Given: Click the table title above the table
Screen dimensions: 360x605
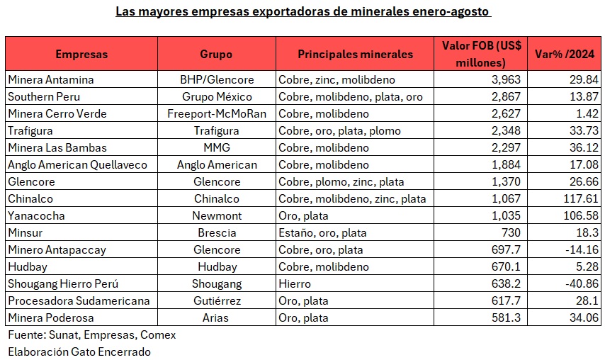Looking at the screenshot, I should [302, 12].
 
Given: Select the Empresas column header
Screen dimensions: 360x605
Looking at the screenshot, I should [81, 54].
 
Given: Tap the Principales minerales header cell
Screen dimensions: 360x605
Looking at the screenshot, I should [355, 54].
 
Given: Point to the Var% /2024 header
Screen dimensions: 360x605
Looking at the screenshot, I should [565, 54].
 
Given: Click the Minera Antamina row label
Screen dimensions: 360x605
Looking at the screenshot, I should [50, 79].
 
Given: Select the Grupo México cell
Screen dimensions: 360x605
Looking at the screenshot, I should [216, 96].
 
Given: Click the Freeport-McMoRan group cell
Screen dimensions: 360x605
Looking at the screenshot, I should [216, 113].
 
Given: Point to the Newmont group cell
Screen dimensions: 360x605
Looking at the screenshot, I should [216, 215].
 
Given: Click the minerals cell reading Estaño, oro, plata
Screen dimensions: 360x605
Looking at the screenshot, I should [322, 232].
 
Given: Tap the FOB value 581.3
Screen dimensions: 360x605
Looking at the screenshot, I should [507, 317].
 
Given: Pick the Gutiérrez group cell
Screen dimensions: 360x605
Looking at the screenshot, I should [216, 300].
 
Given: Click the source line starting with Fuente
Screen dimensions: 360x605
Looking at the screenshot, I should [91, 334].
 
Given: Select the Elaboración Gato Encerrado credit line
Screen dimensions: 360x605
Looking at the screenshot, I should [79, 351].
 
